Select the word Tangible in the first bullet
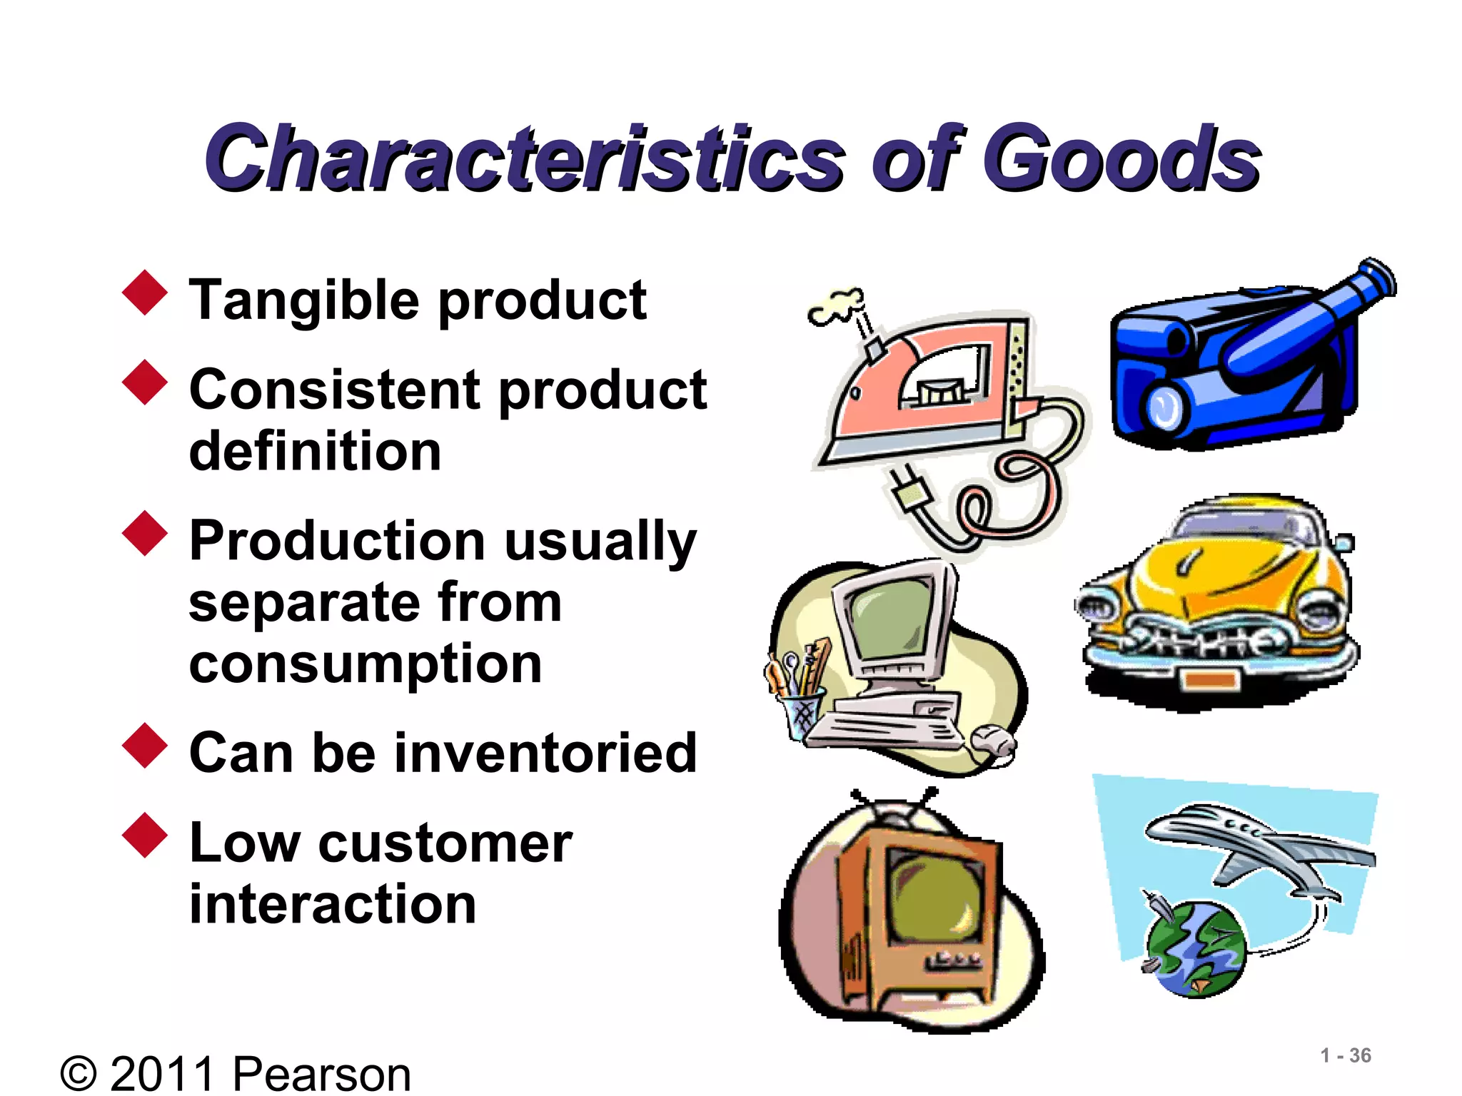[303, 300]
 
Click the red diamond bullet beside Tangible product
[145, 292]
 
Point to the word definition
[315, 451]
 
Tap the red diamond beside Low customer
[145, 834]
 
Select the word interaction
[332, 903]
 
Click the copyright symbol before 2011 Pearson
[79, 1074]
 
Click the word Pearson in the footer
[322, 1074]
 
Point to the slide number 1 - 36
[1345, 1055]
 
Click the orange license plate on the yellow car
[1209, 678]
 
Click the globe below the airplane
[1196, 949]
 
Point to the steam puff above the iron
[836, 305]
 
